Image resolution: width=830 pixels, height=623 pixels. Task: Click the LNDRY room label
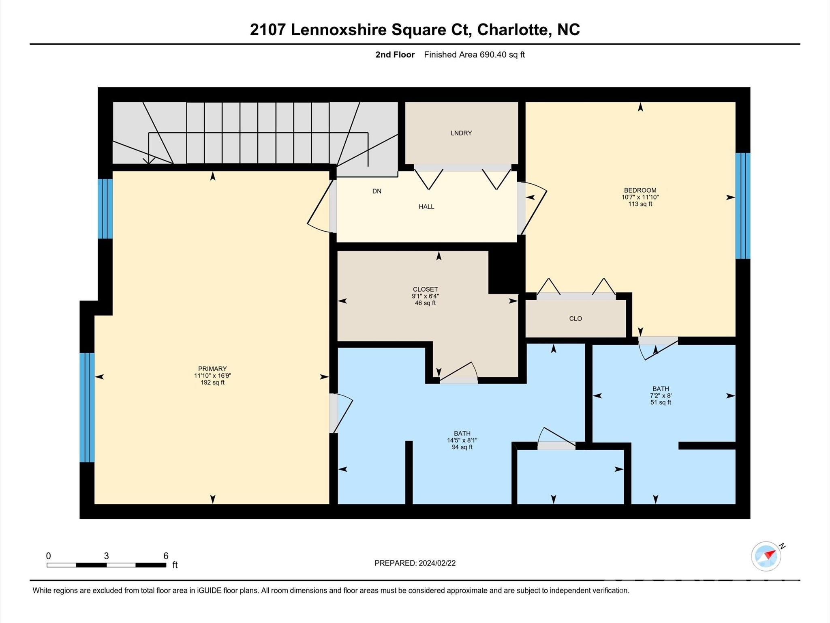pos(461,133)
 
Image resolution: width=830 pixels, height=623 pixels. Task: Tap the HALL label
pos(426,207)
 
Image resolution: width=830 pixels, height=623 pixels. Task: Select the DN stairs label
pos(376,191)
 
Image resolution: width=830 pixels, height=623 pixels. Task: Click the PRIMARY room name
pos(212,369)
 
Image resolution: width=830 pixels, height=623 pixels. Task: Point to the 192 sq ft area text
pos(212,382)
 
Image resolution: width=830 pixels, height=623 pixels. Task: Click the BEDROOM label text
pos(640,190)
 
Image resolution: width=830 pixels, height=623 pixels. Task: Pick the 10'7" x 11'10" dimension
pos(640,197)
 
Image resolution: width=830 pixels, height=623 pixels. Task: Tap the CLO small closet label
pos(575,319)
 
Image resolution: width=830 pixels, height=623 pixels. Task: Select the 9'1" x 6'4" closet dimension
pos(425,296)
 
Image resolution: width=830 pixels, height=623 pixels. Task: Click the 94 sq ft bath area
pos(462,447)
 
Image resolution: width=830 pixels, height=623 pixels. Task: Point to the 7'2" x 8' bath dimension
pos(661,395)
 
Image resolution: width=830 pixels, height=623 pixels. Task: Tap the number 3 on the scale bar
pos(106,556)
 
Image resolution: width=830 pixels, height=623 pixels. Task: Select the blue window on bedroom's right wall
pos(742,206)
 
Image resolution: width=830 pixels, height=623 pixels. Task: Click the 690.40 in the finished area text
pos(493,55)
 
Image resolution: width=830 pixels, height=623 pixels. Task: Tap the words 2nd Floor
pos(395,55)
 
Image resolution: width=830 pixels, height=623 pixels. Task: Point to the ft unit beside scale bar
pos(175,565)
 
